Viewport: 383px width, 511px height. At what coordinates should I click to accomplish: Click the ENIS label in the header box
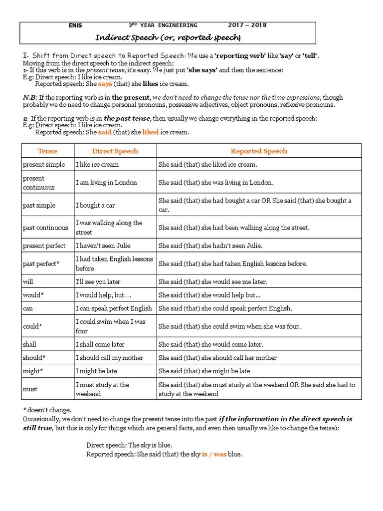pyautogui.click(x=76, y=25)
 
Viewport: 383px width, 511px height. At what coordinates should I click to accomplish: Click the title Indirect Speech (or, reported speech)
pyautogui.click(x=168, y=37)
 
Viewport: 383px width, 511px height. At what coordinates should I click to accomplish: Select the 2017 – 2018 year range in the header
pyautogui.click(x=247, y=25)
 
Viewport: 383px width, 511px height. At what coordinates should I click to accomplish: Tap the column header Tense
pyautogui.click(x=47, y=151)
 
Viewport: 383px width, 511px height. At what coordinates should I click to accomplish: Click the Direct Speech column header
pyautogui.click(x=115, y=151)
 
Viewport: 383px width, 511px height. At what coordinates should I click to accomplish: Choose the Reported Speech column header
pyautogui.click(x=259, y=151)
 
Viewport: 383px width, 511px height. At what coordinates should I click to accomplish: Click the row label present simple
pyautogui.click(x=43, y=164)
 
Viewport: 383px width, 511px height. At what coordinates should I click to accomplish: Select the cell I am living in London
pyautogui.click(x=106, y=183)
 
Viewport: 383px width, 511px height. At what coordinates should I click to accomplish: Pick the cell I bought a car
pyautogui.click(x=95, y=205)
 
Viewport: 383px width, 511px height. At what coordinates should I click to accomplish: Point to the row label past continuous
pyautogui.click(x=45, y=228)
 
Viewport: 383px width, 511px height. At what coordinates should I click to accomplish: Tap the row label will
pyautogui.click(x=28, y=281)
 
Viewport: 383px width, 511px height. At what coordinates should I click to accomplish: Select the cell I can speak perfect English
pyautogui.click(x=114, y=308)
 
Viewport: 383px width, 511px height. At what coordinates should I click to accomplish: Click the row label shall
pyautogui.click(x=29, y=344)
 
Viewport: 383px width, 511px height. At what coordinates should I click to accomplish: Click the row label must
pyautogui.click(x=30, y=389)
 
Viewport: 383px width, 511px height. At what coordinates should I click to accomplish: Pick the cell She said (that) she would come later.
pyautogui.click(x=211, y=344)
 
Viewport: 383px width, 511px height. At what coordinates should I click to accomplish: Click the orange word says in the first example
pyautogui.click(x=105, y=84)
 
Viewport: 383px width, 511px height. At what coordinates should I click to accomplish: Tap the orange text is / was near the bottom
pyautogui.click(x=214, y=454)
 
